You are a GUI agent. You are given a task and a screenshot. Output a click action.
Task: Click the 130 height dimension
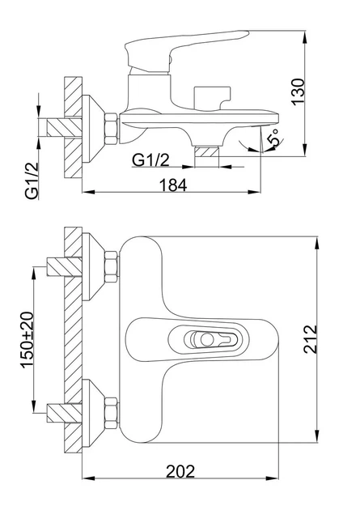click(299, 92)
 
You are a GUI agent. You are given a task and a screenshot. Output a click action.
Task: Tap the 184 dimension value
click(173, 185)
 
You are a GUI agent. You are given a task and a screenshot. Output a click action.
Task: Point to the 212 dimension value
click(310, 339)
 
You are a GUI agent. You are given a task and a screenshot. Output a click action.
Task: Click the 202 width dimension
click(180, 471)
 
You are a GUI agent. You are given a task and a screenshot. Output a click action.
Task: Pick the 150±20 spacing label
click(28, 340)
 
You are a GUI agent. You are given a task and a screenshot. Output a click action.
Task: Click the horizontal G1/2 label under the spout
click(151, 160)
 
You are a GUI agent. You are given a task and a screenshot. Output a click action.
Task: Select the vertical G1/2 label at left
click(32, 181)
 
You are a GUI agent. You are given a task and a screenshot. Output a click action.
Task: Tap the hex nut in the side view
click(111, 129)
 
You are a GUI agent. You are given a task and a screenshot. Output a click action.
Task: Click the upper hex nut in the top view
click(112, 267)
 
